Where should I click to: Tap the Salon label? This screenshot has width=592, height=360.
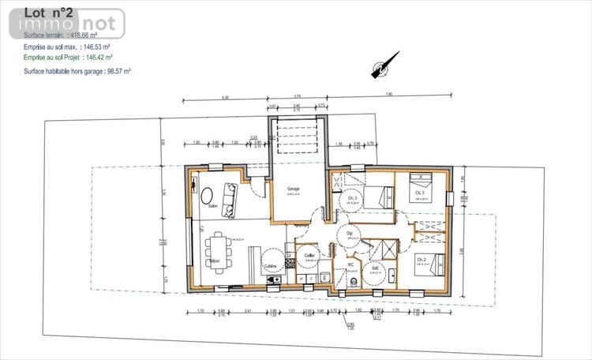213,207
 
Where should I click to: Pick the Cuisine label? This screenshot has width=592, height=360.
270,266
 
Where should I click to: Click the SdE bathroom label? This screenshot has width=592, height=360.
374,268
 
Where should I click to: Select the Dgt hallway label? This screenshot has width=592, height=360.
350,233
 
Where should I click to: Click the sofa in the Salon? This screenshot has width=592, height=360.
230,200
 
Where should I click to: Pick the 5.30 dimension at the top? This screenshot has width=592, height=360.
225,98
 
